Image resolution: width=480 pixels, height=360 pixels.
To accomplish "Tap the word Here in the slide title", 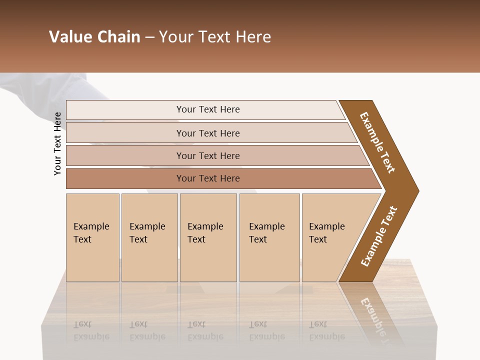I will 253,37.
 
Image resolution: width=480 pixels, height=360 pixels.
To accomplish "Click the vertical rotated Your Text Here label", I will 57,143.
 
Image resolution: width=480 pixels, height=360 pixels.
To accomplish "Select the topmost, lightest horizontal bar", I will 207,109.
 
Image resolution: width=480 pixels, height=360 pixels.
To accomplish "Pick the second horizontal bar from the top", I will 207,133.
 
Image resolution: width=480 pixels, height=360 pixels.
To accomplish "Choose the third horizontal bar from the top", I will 207,155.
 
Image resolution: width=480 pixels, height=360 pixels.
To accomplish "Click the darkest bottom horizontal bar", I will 207,178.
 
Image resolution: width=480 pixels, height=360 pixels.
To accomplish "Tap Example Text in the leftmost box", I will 91,233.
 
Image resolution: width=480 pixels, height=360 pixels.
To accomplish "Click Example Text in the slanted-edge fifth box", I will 326,233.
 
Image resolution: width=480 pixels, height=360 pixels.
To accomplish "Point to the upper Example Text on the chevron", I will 377,142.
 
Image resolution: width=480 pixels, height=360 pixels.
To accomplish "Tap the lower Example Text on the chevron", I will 378,236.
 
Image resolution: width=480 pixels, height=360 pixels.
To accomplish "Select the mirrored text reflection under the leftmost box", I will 91,330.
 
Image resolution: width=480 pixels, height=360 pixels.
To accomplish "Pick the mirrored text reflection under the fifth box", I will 326,330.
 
